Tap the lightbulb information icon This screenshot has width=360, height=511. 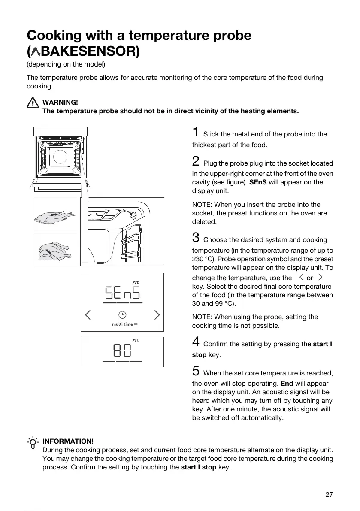[33, 443]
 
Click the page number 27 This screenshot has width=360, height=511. [329, 494]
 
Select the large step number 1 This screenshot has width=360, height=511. [195, 132]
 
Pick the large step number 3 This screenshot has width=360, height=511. [196, 237]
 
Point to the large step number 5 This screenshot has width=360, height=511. [196, 371]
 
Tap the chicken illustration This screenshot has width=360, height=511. [55, 250]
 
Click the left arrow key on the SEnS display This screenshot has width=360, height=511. [88, 315]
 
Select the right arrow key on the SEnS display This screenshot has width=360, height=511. [157, 315]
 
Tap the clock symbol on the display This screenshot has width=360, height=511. [122, 314]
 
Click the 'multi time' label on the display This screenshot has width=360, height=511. [123, 324]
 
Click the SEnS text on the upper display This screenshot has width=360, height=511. [122, 293]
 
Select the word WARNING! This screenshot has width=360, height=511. [60, 102]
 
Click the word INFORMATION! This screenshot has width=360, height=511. [68, 441]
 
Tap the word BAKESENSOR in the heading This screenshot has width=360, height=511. [88, 51]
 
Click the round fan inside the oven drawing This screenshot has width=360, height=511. [60, 157]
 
